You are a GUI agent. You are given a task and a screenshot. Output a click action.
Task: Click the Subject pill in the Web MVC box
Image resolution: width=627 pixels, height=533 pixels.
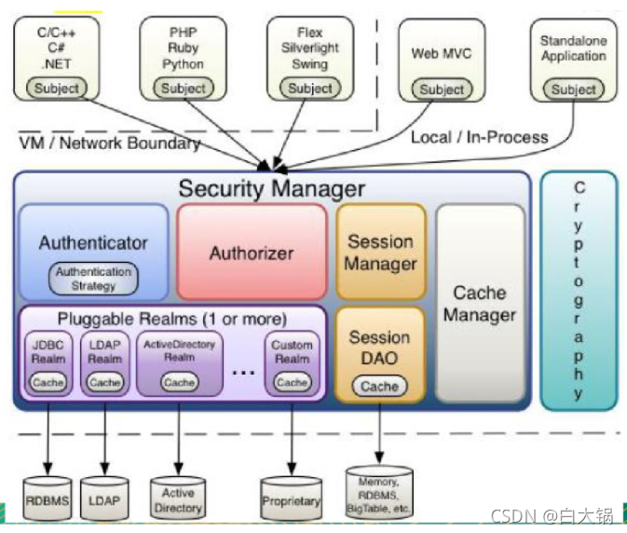442,89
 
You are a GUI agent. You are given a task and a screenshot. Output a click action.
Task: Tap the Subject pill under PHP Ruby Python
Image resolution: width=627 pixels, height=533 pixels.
184,88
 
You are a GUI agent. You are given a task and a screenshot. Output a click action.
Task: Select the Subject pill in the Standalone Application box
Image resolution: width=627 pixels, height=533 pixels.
573,89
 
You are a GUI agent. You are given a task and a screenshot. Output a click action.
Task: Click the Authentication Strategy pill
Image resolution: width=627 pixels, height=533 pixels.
93,279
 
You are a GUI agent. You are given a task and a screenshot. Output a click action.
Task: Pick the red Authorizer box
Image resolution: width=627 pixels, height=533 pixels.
252,252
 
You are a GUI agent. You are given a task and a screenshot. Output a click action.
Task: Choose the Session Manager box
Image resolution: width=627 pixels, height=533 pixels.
381,252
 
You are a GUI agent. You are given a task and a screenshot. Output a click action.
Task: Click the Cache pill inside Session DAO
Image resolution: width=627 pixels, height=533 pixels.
379,387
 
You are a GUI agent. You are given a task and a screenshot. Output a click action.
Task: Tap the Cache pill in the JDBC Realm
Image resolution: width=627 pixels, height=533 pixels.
48,382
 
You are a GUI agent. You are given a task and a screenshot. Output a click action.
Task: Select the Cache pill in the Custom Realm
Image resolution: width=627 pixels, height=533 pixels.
292,382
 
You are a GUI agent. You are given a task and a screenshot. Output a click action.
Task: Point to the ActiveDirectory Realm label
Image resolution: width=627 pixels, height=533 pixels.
179,350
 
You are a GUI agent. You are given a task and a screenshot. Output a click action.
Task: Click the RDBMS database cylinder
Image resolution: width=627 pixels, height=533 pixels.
48,498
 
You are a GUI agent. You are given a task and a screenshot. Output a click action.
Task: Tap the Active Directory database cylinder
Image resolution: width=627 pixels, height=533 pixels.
178,498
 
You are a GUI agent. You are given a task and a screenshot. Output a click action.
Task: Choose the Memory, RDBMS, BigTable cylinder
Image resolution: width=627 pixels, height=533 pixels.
378,493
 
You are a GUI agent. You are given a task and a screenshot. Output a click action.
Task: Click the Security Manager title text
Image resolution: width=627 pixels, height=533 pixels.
271,189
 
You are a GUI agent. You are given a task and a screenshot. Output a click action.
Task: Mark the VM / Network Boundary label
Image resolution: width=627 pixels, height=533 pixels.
110,143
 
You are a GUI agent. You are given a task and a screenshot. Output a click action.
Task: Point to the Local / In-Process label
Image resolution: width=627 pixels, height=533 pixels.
480,137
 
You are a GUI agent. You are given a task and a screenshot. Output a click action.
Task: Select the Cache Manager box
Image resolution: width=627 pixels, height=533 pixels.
480,303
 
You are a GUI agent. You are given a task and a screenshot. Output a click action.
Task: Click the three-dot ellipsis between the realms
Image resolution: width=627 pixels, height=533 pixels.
243,373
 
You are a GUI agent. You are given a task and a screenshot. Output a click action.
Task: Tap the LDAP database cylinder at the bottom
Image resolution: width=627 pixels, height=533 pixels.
104,498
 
